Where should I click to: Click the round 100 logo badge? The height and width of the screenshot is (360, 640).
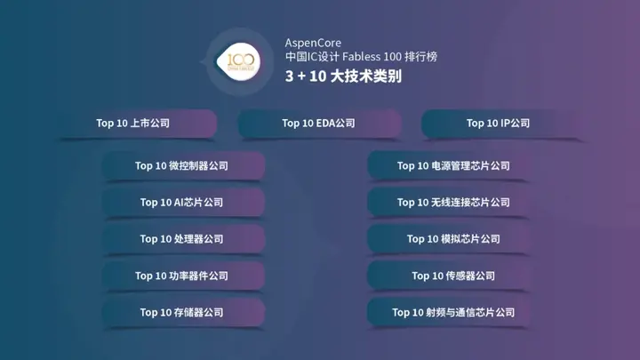pos(240,60)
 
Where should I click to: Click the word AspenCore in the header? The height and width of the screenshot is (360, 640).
pos(313,43)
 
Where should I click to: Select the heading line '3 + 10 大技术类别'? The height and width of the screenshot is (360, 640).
pos(343,76)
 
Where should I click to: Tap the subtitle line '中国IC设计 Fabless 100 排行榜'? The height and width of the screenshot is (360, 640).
pos(361,57)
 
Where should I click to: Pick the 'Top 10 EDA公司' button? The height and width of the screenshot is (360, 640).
pos(318,124)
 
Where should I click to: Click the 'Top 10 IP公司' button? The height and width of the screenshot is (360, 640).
pos(498,124)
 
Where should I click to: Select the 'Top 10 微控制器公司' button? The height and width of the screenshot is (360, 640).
pos(181,166)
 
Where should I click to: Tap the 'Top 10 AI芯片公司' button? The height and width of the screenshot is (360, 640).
pos(181,203)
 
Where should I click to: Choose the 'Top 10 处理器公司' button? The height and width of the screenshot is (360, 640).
pos(181,239)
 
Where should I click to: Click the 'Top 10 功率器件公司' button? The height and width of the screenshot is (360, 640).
pos(181,276)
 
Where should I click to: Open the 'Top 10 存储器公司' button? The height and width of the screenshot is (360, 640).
pos(181,312)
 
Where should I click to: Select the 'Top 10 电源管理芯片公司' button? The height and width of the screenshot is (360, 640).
pos(453,166)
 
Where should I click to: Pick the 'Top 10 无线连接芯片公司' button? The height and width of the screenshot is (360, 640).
pos(453,203)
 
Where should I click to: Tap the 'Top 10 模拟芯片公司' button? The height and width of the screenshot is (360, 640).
pos(453,239)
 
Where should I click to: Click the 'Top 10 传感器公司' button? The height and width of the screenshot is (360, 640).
pos(453,276)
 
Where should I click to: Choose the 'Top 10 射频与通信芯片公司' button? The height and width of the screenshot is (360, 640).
pos(453,312)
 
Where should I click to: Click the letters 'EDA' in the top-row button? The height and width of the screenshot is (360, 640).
pos(325,124)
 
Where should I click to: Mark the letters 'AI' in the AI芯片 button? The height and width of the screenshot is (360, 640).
pos(178,203)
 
